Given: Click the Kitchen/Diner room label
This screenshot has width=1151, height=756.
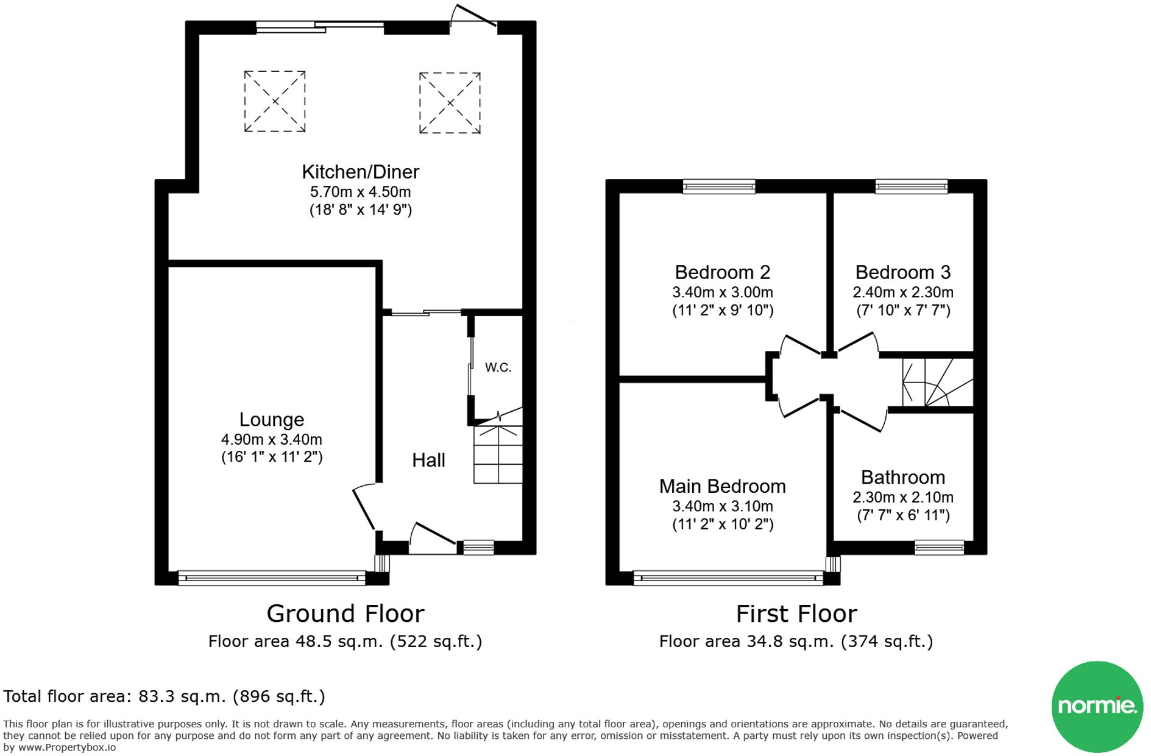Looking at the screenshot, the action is (x=360, y=172).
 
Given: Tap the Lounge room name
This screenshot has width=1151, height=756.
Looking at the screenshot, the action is (x=271, y=420).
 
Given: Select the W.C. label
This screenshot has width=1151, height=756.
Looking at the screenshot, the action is (x=498, y=367).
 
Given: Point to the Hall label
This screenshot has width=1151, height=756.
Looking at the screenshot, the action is (x=428, y=460).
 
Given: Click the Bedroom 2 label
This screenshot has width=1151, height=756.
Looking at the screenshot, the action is (x=723, y=272).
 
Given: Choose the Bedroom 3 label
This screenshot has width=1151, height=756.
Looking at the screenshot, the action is (x=903, y=272).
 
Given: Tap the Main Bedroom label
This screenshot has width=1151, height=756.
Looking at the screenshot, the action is (x=723, y=486).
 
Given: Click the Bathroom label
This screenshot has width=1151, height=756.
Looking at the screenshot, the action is (x=903, y=477).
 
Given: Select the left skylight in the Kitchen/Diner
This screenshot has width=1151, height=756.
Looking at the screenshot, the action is (x=275, y=101).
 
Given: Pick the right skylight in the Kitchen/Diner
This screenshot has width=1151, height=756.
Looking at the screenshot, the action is (x=450, y=103).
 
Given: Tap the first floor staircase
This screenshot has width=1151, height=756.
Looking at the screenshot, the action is (x=937, y=382).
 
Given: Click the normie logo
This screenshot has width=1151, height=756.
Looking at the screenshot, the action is (x=1097, y=707).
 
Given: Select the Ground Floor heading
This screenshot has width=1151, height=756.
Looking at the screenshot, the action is (x=345, y=613).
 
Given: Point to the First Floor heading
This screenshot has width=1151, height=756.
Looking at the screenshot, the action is (x=796, y=613).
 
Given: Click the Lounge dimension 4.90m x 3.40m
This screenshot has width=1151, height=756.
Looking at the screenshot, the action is (x=272, y=439).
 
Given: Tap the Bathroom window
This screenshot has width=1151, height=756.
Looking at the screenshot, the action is (x=939, y=547).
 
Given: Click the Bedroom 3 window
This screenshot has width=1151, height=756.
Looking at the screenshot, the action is (x=912, y=186).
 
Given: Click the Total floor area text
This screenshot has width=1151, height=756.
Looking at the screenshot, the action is (x=164, y=696).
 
